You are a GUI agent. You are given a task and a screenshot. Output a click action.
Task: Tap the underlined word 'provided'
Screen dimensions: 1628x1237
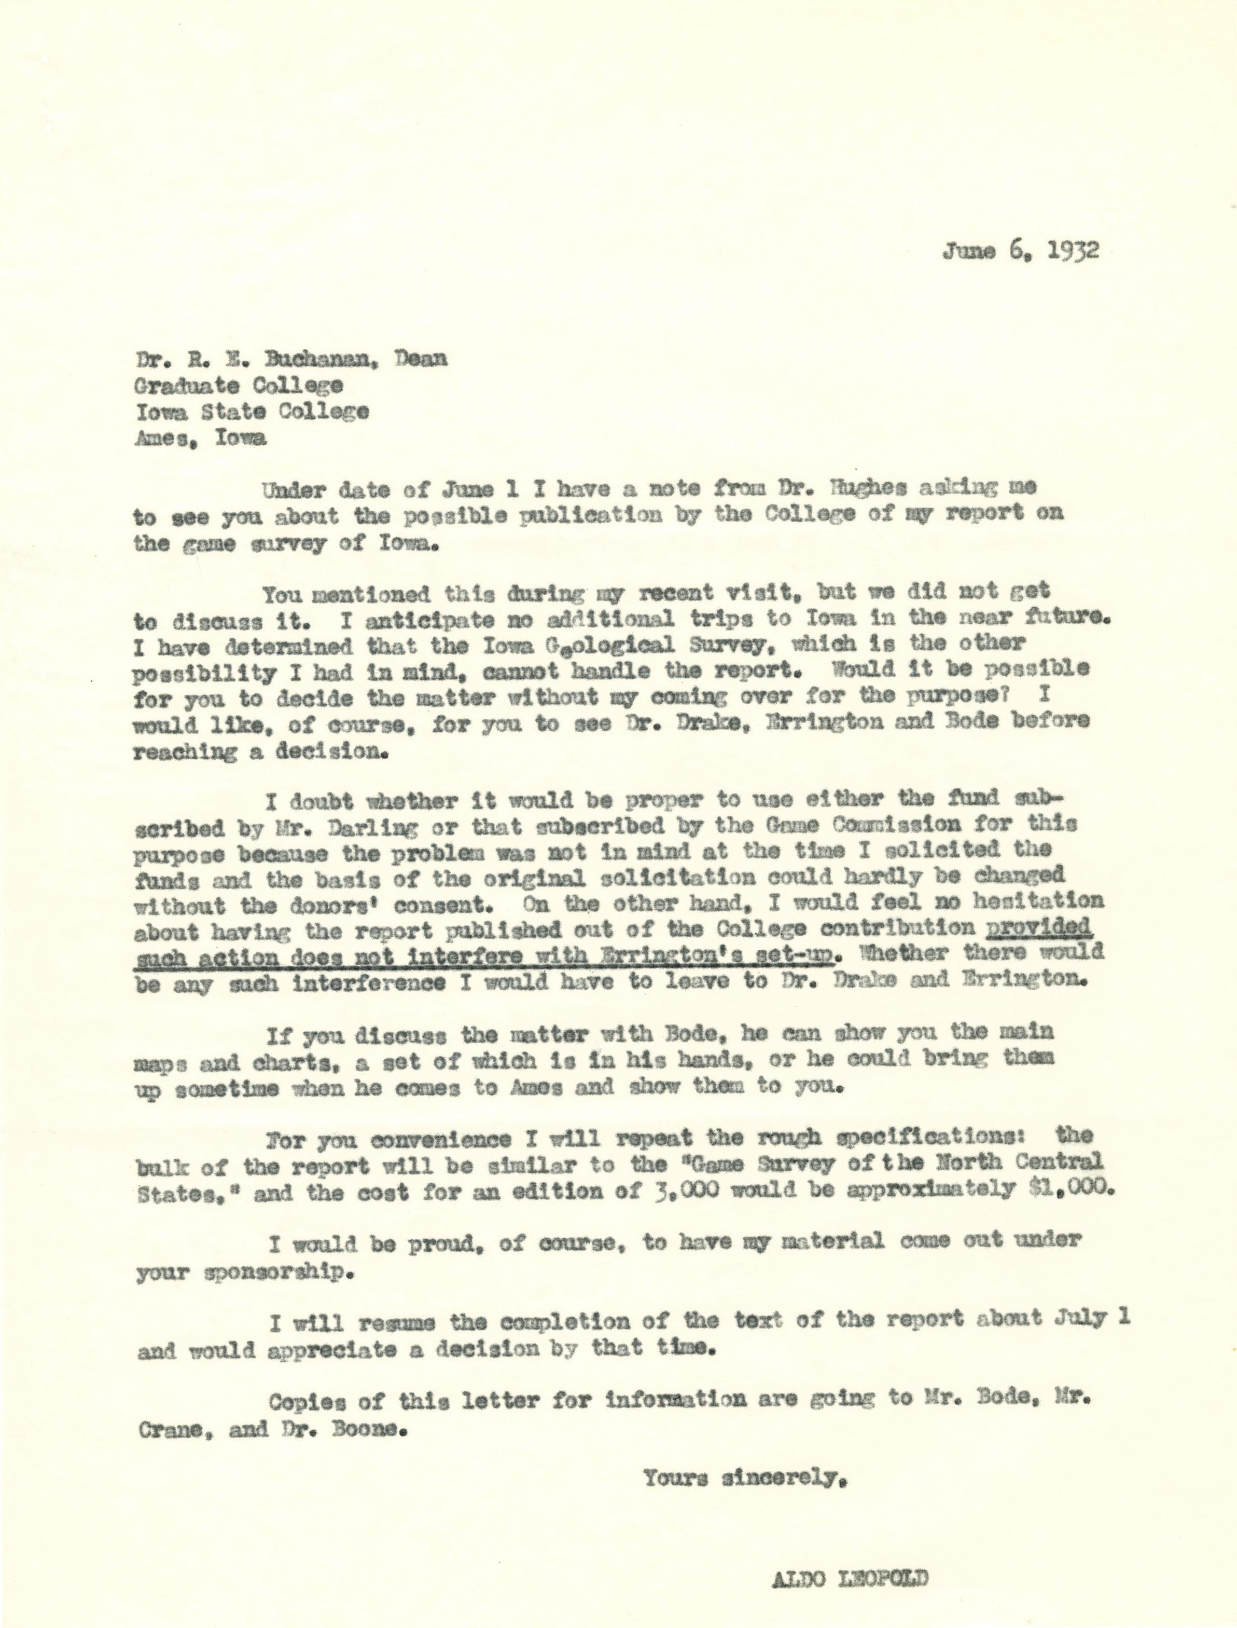point(1040,927)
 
